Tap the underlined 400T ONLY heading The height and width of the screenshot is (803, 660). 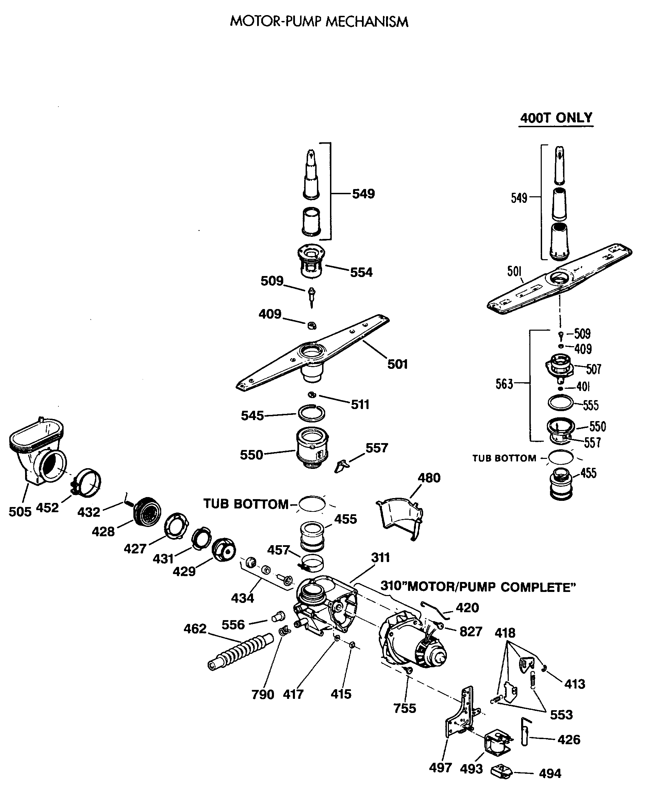point(556,118)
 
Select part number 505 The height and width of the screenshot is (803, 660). point(20,511)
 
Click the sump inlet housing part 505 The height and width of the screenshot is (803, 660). point(36,452)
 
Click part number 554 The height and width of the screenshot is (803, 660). point(361,272)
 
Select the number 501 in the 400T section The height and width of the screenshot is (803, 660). point(514,272)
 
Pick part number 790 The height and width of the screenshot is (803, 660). point(263,695)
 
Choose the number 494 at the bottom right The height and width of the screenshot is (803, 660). point(550,773)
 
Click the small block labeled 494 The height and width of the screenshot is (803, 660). point(502,772)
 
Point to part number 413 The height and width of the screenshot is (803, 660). point(574,684)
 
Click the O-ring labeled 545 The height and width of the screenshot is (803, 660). point(311,413)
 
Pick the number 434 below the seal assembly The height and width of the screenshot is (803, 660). point(242,598)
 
